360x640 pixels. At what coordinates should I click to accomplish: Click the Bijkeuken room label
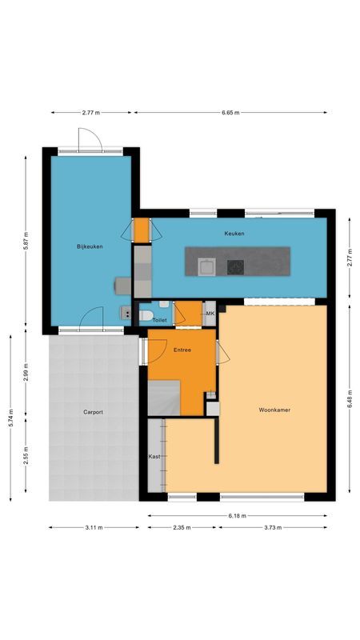coord(86,247)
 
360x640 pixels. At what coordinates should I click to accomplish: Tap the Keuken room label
coord(234,233)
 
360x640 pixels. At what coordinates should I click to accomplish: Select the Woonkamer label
coord(274,410)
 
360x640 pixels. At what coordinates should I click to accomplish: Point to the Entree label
coord(181,350)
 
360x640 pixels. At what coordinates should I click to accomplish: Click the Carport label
coord(93,412)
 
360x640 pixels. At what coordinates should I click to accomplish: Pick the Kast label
coord(154,456)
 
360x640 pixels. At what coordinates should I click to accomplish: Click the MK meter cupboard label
coord(210,314)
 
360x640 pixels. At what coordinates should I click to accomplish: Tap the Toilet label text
coord(159,320)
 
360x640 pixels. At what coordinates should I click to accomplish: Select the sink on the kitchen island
coord(206,266)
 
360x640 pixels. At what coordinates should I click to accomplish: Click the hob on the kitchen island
coord(236,266)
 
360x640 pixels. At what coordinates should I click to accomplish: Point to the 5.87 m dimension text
coord(26,244)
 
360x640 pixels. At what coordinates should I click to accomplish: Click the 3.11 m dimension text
coord(93,527)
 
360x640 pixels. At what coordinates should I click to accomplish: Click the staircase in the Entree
coord(165,398)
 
